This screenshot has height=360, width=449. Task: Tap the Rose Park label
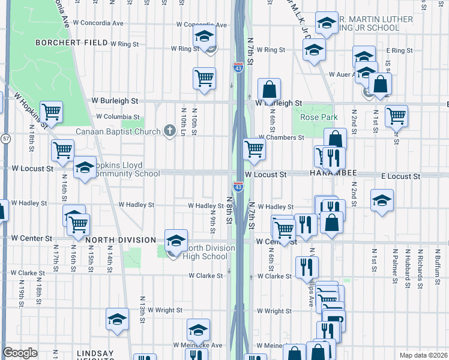coord(319,117)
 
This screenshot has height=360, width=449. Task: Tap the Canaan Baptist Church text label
coord(118,131)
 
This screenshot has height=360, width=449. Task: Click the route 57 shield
coord(5,138)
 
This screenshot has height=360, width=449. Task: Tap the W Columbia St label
coord(118,117)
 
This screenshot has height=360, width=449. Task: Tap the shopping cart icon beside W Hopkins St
coord(51,112)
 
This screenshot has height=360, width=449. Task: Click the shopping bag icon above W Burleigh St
coord(270,89)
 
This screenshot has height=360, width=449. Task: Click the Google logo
coord(20,353)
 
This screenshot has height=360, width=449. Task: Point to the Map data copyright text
coord(423,355)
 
